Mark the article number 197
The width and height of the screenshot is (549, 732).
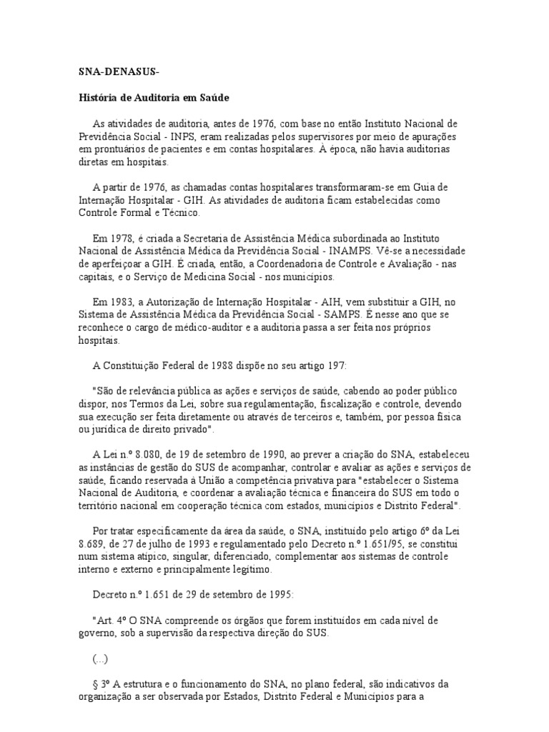tap(335, 365)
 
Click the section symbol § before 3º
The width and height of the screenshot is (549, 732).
tap(97, 684)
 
